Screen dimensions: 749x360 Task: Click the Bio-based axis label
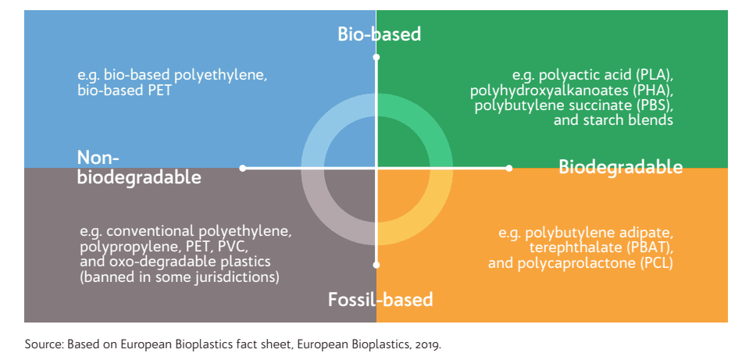point(380,34)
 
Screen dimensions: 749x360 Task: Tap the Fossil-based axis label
point(380,299)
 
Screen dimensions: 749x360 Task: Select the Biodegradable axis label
point(620,167)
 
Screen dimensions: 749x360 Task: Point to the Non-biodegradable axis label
point(139,168)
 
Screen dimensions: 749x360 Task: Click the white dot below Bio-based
point(376,57)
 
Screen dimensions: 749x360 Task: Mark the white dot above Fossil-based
point(376,265)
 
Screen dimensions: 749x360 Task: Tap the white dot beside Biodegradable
point(509,168)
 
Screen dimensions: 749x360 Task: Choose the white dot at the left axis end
point(243,168)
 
